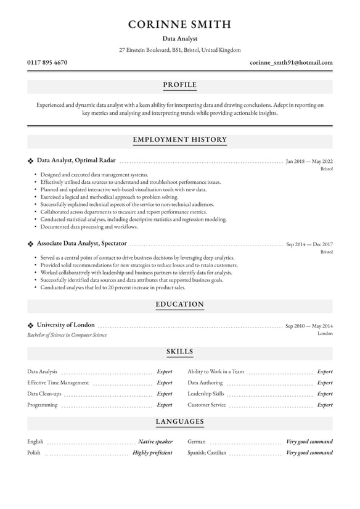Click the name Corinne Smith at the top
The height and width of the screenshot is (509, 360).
pyautogui.click(x=180, y=25)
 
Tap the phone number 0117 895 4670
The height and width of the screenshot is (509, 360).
pyautogui.click(x=47, y=62)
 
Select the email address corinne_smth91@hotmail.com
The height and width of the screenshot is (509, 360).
pyautogui.click(x=291, y=62)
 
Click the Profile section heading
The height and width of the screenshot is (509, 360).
pyautogui.click(x=180, y=85)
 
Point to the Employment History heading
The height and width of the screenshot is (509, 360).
pyautogui.click(x=180, y=140)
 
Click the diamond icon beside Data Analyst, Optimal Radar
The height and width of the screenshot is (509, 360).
pyautogui.click(x=30, y=160)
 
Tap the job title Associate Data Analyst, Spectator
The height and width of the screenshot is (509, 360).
pyautogui.click(x=81, y=244)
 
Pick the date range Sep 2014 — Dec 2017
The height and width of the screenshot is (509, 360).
pyautogui.click(x=309, y=244)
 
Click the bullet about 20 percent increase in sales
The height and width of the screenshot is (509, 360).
pyautogui.click(x=113, y=287)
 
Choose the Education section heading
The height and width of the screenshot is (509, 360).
pyautogui.click(x=180, y=305)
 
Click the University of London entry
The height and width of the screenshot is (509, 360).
pyautogui.click(x=65, y=325)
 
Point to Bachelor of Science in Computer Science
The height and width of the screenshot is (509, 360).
pyautogui.click(x=67, y=335)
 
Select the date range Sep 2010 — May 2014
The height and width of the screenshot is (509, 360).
pyautogui.click(x=309, y=326)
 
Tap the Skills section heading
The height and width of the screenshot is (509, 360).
pyautogui.click(x=180, y=352)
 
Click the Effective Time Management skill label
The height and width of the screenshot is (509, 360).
pyautogui.click(x=58, y=383)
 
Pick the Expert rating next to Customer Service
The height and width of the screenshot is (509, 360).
pyautogui.click(x=324, y=405)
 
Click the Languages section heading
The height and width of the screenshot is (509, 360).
pyautogui.click(x=180, y=422)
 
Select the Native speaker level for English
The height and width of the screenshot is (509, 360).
pyautogui.click(x=155, y=442)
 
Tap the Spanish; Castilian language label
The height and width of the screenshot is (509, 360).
pyautogui.click(x=207, y=452)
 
